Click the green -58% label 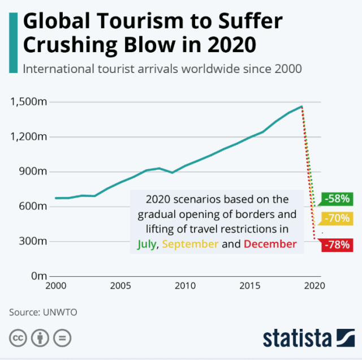pos(338,199)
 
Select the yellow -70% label pos(338,218)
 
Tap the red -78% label pos(338,245)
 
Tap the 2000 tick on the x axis pos(55,286)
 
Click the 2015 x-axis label pos(249,286)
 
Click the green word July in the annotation pos(147,245)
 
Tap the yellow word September pos(191,245)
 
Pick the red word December pos(270,245)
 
